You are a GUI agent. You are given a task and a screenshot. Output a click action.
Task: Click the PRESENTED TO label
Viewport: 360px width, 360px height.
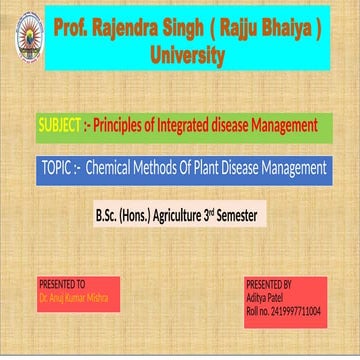62,284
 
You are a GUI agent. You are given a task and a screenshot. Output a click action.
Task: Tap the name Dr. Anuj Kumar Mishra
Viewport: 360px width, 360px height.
75,297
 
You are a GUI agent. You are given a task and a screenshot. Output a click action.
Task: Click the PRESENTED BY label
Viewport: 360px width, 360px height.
269,284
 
